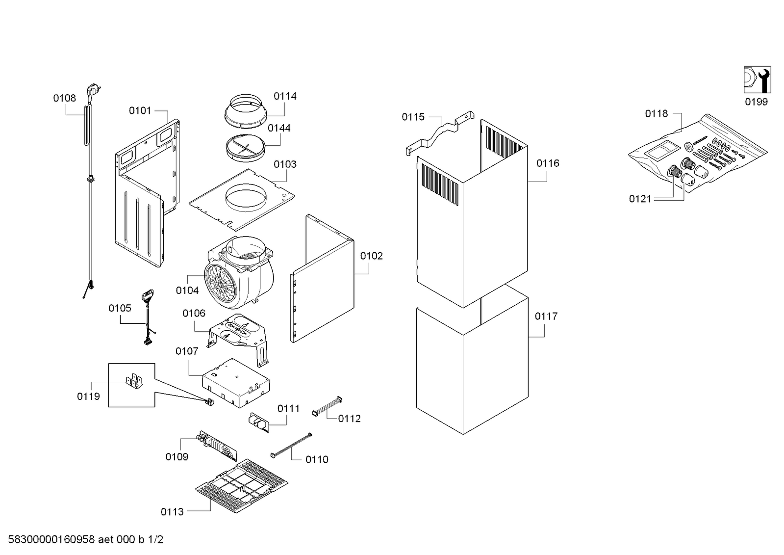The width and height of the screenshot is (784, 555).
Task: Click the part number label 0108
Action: pyautogui.click(x=64, y=98)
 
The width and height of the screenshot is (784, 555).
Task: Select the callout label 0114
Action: pyautogui.click(x=285, y=96)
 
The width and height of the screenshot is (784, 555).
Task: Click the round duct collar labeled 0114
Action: pyautogui.click(x=245, y=111)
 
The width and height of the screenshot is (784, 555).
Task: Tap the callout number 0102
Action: pyautogui.click(x=371, y=256)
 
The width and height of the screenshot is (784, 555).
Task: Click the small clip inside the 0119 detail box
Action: pyautogui.click(x=134, y=381)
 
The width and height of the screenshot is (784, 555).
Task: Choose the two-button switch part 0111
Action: pyautogui.click(x=259, y=423)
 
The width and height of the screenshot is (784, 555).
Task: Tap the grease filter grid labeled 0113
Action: pyautogui.click(x=242, y=486)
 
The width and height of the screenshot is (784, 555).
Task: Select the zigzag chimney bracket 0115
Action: pyautogui.click(x=440, y=133)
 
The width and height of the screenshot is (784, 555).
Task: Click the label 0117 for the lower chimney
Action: pyautogui.click(x=546, y=317)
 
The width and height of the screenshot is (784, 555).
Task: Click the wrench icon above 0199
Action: pyautogui.click(x=757, y=80)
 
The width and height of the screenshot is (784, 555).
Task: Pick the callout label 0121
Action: pyautogui.click(x=640, y=199)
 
